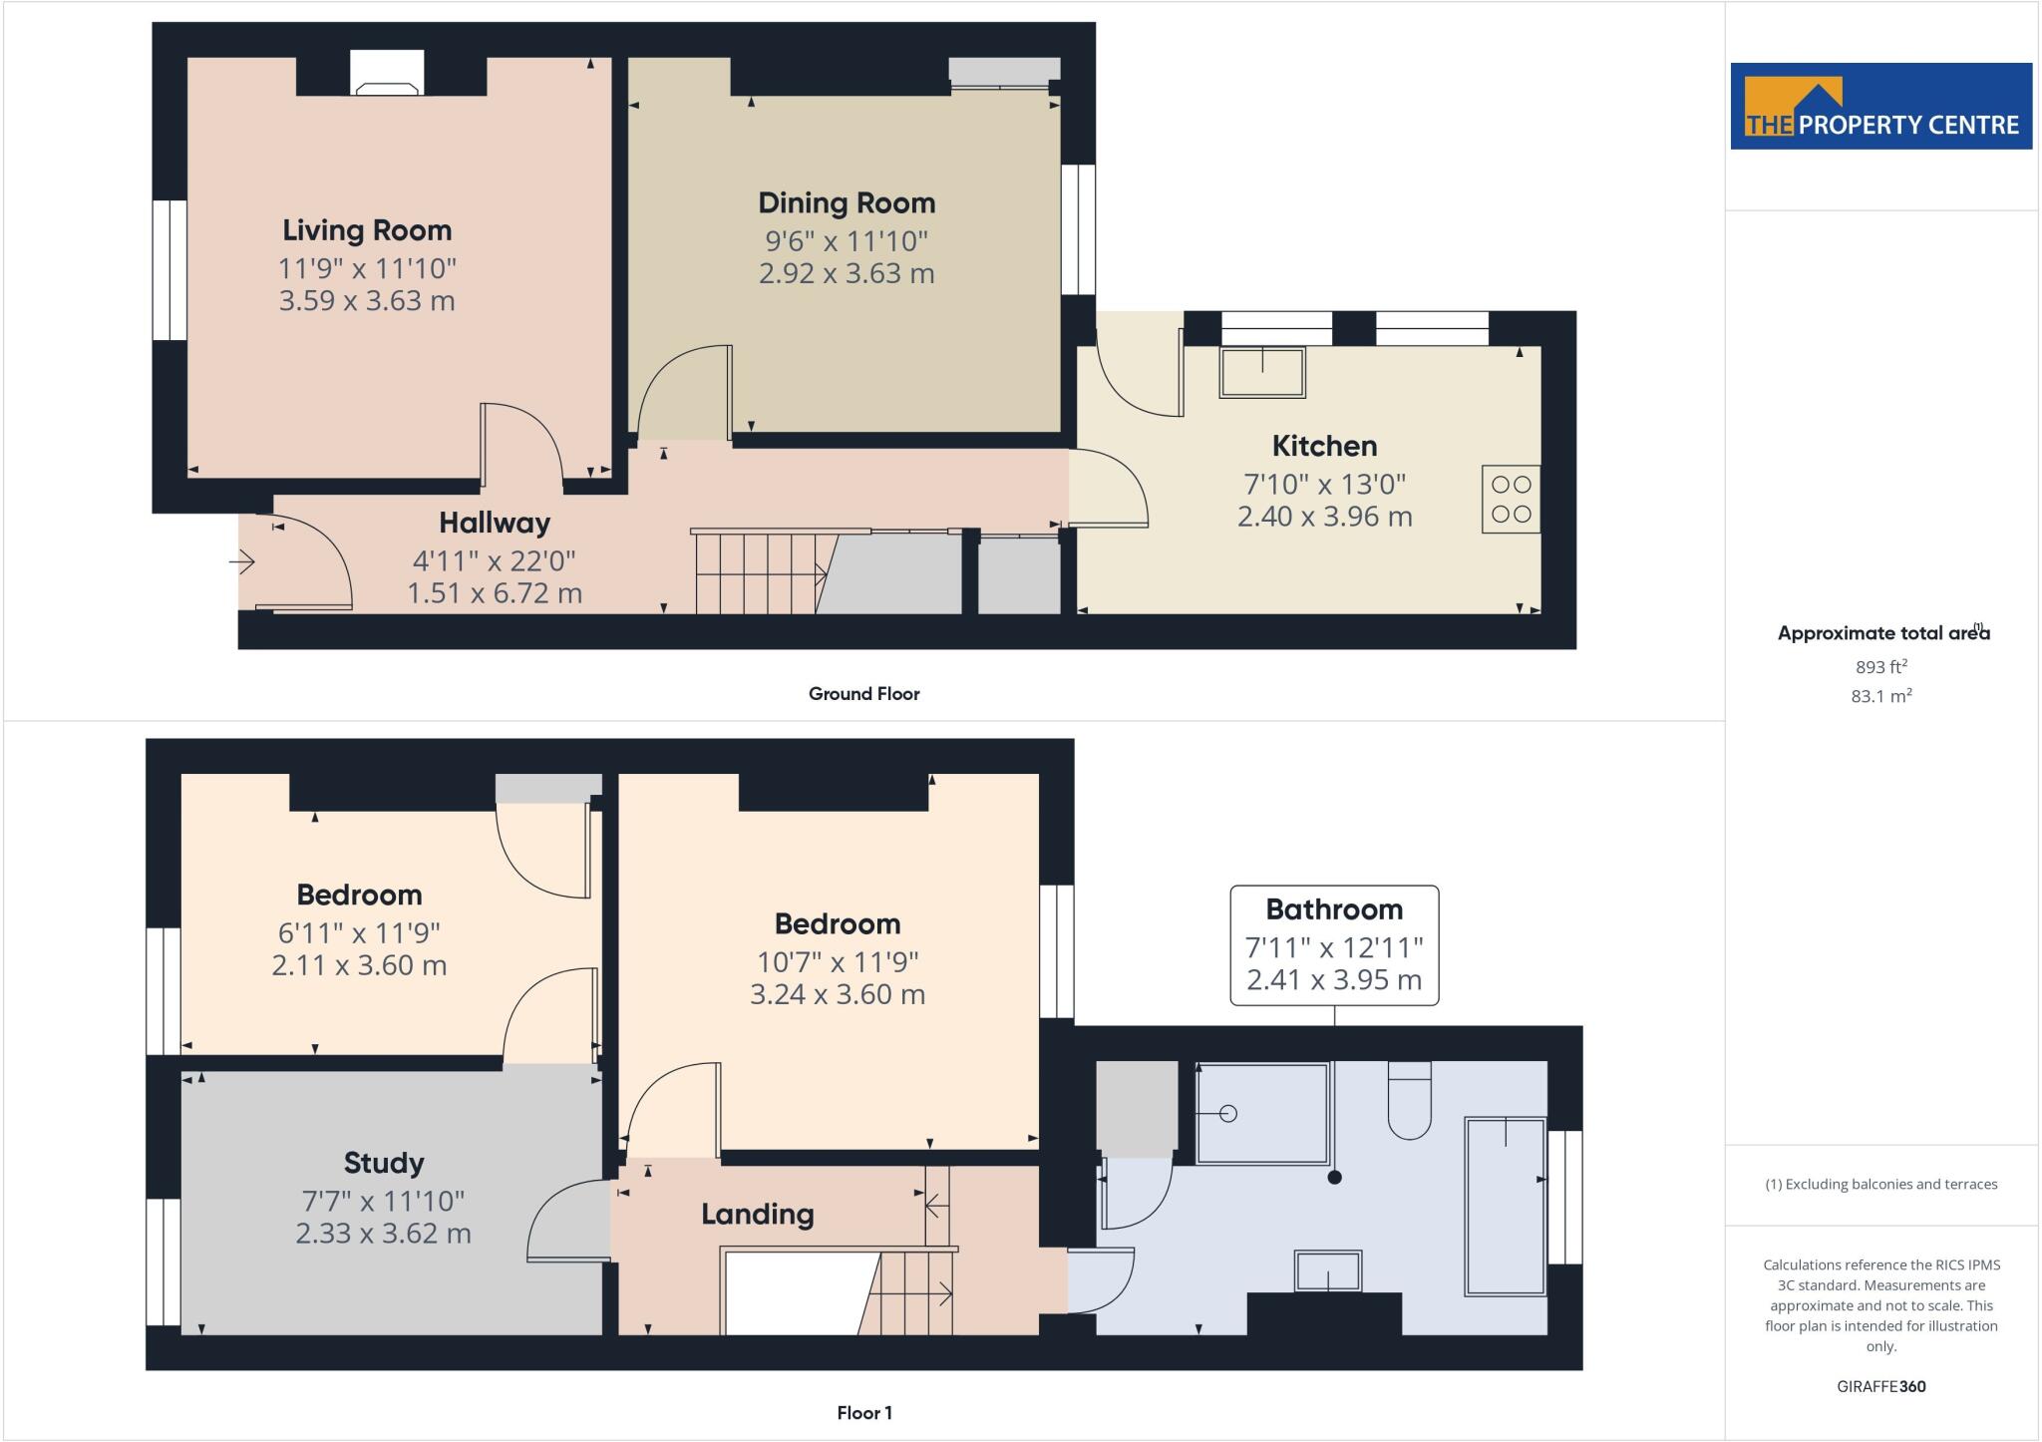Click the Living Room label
(367, 230)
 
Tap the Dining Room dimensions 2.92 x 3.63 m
(847, 273)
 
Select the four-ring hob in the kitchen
(1511, 499)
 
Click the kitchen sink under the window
(1262, 372)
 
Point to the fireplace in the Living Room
(387, 75)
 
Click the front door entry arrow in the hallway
(242, 563)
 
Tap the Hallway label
(495, 523)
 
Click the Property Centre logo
(1880, 107)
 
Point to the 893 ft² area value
(1881, 666)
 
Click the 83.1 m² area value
(1881, 696)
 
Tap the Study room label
(384, 1163)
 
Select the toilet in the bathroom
(1409, 1102)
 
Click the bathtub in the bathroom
(1505, 1207)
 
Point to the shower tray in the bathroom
(1262, 1113)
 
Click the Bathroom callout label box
(1334, 944)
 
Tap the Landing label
(757, 1214)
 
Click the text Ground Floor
(863, 694)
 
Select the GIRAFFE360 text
(1880, 1386)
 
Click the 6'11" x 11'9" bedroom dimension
(359, 932)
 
